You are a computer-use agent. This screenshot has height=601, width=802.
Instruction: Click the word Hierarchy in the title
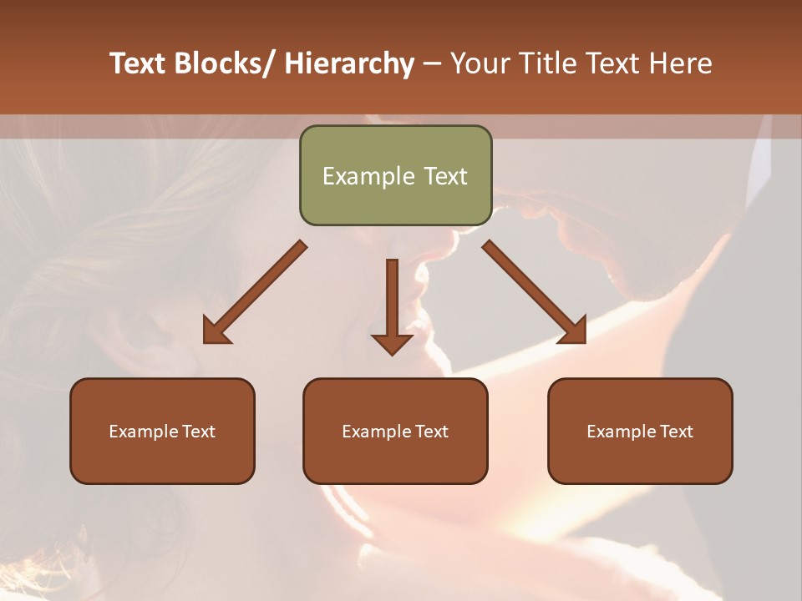(349, 63)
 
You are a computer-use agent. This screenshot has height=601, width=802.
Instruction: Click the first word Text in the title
(137, 63)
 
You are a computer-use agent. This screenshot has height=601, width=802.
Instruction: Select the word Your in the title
(479, 63)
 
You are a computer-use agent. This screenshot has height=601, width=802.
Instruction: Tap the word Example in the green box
(368, 176)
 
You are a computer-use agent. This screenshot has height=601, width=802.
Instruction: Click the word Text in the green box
(444, 176)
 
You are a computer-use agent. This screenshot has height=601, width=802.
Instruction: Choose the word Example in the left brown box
(143, 432)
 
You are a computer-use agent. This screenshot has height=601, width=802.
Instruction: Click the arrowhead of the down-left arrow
(216, 331)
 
